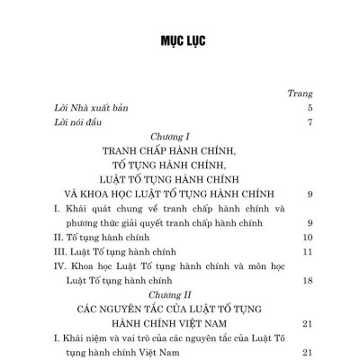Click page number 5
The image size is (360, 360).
click(x=308, y=108)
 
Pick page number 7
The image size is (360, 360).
click(x=308, y=122)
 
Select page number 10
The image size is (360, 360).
click(x=305, y=238)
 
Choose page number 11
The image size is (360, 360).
click(x=305, y=252)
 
